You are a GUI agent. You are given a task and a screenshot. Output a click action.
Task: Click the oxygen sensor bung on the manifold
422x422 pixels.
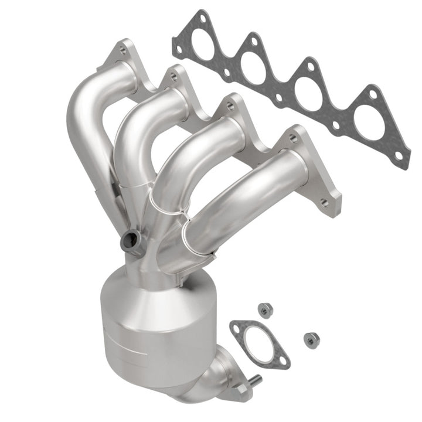(131, 240)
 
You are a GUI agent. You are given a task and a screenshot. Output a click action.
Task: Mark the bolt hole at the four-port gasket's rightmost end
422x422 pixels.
(400, 156)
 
